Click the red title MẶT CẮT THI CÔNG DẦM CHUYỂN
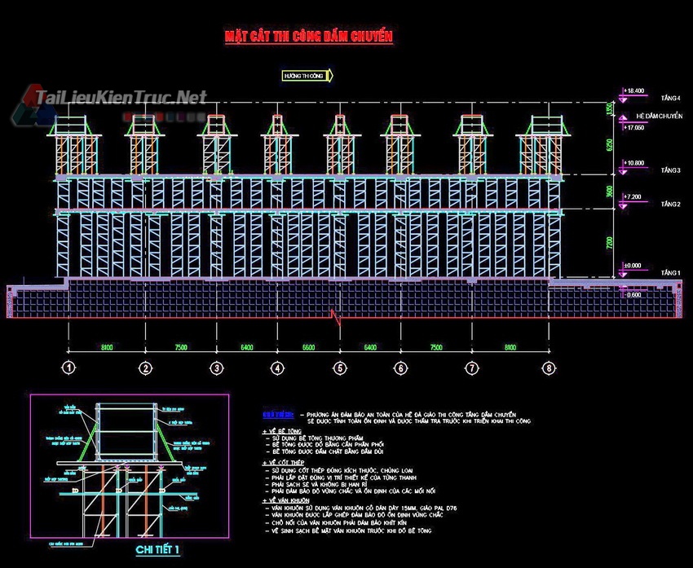pos(309,37)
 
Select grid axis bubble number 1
pos(69,369)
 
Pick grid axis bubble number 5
pos(338,369)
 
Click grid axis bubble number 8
pos(550,369)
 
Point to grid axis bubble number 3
pos(216,369)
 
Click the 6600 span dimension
pos(309,348)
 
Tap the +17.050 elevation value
pos(633,128)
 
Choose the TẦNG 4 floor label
pos(670,99)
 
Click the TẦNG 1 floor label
pos(670,272)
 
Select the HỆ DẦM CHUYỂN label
pos(659,117)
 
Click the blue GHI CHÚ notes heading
pos(275,415)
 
